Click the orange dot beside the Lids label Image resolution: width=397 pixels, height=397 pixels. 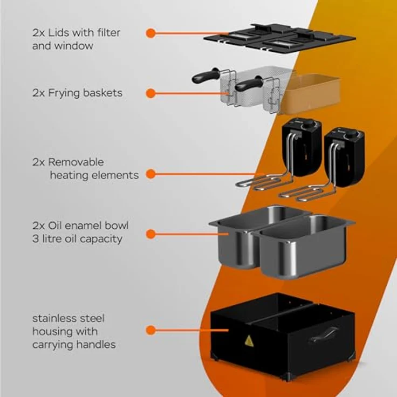[x=150, y=33]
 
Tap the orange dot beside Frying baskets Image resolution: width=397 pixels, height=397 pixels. [x=150, y=93]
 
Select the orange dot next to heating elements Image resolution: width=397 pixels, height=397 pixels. [x=150, y=174]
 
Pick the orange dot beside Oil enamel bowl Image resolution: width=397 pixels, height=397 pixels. [x=150, y=234]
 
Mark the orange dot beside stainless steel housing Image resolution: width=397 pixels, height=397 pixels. [x=150, y=330]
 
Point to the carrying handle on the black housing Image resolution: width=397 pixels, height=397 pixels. [x=324, y=334]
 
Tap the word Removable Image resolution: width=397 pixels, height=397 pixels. [x=76, y=162]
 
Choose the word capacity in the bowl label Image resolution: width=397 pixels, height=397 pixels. [x=101, y=239]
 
